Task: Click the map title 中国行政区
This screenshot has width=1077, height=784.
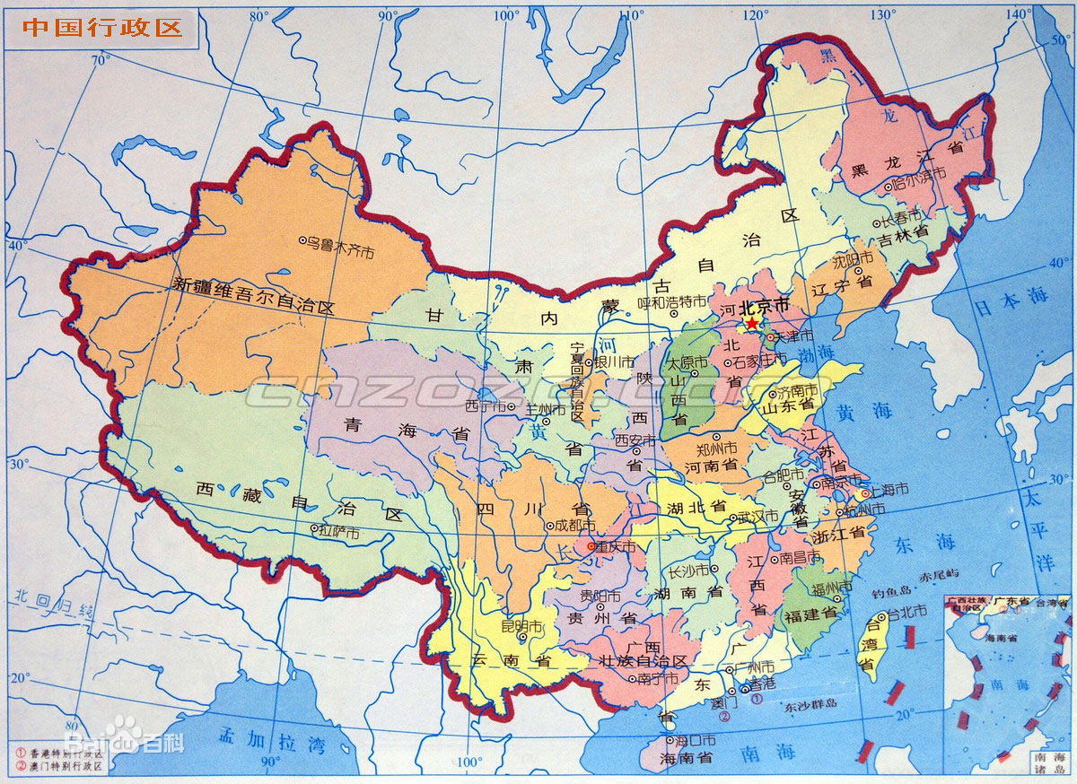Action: coord(101,26)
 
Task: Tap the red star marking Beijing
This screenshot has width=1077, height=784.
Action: coord(751,323)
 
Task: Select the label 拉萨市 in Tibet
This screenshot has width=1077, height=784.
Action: coord(340,532)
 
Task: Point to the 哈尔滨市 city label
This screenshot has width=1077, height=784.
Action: coord(920,184)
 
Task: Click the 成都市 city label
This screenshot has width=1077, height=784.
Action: coord(574,526)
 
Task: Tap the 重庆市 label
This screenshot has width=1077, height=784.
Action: coord(616,546)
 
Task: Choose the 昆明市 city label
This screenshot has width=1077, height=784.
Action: coord(523,624)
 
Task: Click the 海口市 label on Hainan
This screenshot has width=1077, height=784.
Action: coord(697,740)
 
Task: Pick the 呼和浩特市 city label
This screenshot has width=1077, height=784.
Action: coord(678,302)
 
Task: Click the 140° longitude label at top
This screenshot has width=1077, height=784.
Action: coord(1018,13)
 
